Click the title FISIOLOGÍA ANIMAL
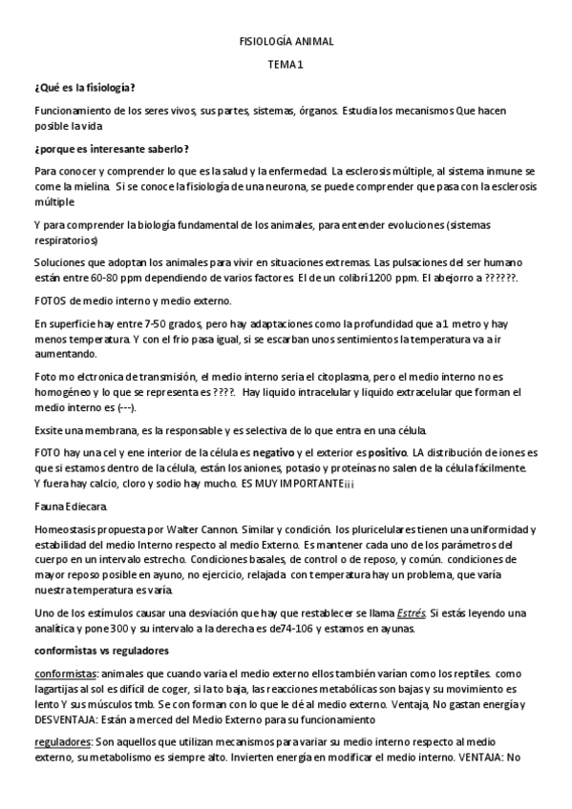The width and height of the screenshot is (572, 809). tap(286, 42)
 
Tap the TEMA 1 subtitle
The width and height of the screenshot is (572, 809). tap(286, 64)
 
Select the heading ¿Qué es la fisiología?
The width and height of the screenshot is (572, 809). tap(84, 87)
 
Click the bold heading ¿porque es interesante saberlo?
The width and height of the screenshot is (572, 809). tap(111, 149)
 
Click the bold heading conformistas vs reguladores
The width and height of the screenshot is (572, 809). tap(101, 651)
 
